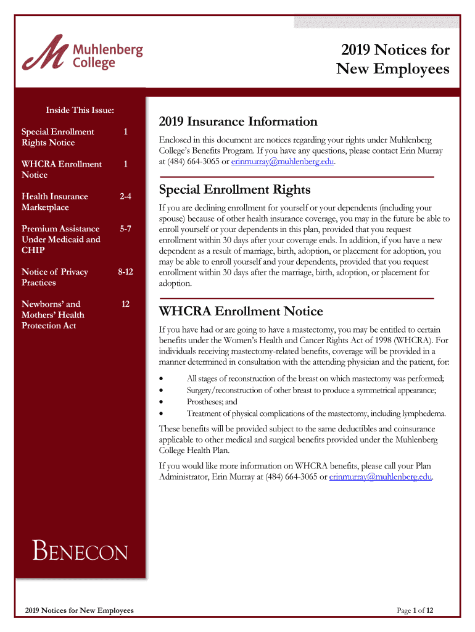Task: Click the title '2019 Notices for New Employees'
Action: tap(392, 59)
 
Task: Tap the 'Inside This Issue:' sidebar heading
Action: tap(80, 110)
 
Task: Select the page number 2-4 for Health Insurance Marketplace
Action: tap(125, 196)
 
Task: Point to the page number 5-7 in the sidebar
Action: tap(125, 228)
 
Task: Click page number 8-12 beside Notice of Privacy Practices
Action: tap(125, 272)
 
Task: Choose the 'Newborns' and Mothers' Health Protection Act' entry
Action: tap(53, 315)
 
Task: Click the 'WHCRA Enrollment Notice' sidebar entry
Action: tap(62, 169)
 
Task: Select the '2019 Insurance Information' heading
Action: tap(238, 122)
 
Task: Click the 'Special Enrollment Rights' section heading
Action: tap(234, 189)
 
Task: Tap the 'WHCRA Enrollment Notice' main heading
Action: tap(241, 310)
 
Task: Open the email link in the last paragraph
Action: tap(381, 477)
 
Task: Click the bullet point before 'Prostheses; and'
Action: tap(162, 402)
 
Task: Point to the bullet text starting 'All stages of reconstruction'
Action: tap(315, 378)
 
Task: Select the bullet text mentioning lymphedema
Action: tap(316, 414)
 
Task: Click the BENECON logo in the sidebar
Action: tap(80, 551)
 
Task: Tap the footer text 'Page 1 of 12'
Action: tap(415, 610)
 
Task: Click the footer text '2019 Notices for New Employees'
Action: tap(80, 610)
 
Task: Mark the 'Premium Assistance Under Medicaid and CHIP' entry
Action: tap(61, 239)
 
